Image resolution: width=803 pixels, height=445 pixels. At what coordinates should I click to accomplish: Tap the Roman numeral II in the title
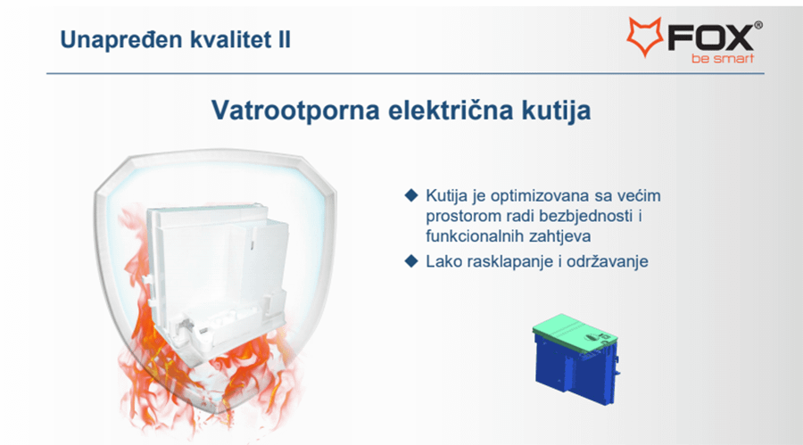point(285,39)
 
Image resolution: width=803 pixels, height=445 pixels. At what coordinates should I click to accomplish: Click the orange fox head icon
point(645,36)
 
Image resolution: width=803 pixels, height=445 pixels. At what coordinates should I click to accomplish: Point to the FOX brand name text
point(709,37)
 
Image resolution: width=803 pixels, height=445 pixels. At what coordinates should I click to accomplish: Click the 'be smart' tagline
point(722,58)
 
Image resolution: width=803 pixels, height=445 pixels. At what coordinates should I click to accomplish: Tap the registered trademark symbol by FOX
point(757,25)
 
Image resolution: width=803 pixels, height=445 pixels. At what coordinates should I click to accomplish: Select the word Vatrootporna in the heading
point(295,111)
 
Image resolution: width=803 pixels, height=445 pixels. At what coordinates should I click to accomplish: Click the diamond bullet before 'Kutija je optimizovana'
point(411,195)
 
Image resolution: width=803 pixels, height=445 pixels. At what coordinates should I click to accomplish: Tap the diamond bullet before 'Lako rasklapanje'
point(411,261)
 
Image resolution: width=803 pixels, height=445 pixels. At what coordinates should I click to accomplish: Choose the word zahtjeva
point(560,236)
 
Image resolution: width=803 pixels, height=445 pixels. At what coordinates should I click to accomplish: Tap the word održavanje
point(607,261)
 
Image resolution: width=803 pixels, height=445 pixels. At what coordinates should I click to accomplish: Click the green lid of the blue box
point(575,332)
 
